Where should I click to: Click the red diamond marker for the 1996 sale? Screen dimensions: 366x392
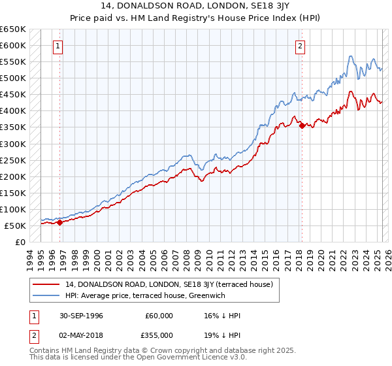60,222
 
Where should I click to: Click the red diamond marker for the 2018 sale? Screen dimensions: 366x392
301,125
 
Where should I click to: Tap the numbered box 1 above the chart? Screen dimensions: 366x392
59,46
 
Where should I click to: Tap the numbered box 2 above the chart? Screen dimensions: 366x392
300,46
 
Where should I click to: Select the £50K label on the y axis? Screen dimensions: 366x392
15,225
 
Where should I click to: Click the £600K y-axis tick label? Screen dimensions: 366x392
13,45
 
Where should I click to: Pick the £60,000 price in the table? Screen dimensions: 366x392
159,316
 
